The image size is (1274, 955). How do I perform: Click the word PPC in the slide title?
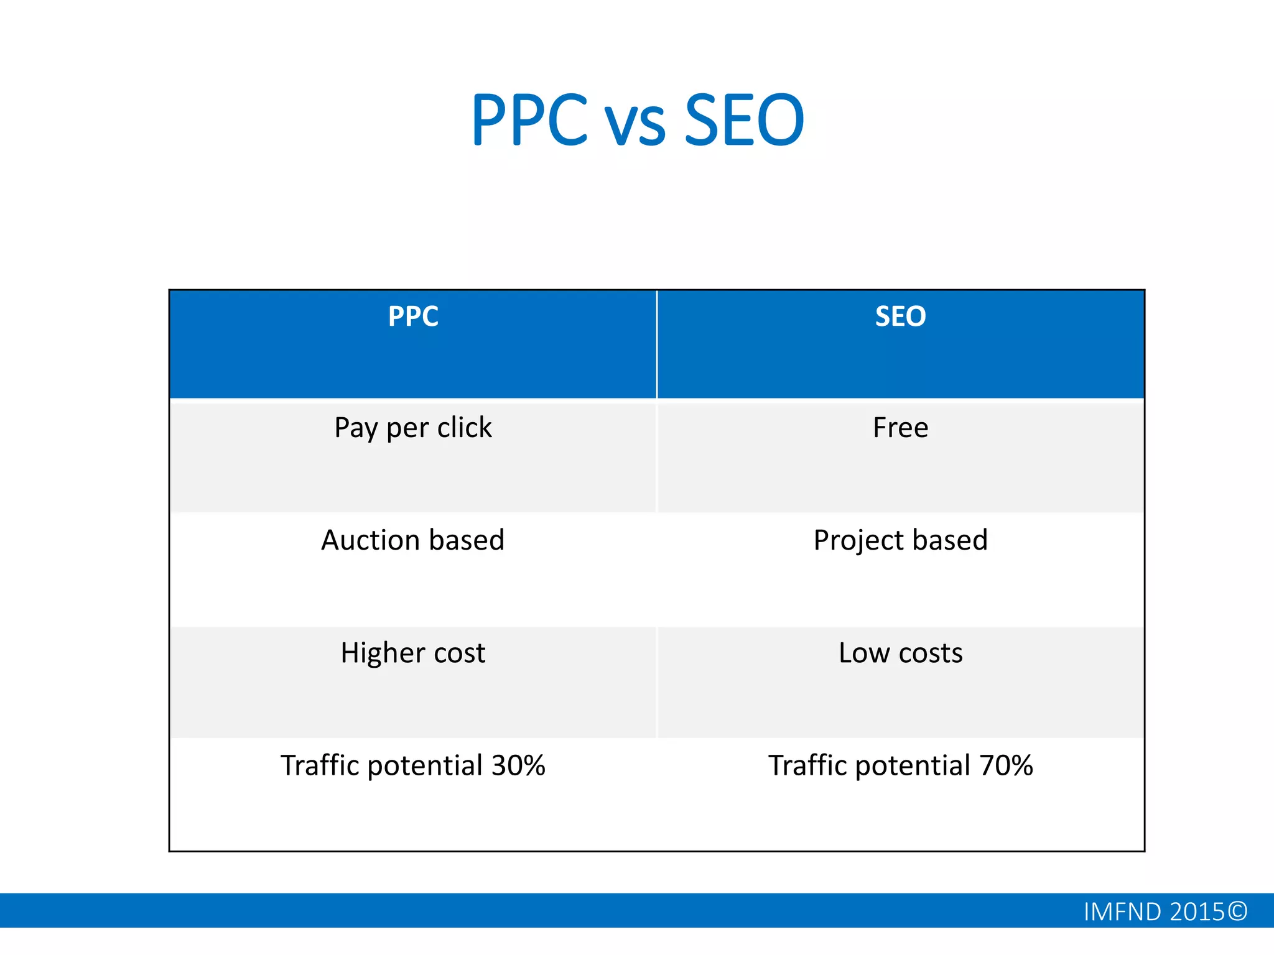[529, 119]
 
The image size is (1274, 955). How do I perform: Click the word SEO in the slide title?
[744, 119]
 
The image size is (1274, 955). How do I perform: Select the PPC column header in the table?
[413, 316]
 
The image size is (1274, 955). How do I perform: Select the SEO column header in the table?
[900, 316]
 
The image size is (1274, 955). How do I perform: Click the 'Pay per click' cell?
[413, 428]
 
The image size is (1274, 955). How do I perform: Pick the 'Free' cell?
[900, 428]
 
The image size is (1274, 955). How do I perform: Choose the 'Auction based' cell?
[413, 540]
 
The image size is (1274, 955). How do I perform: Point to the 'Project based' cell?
[900, 540]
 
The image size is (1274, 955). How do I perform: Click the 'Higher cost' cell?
[413, 653]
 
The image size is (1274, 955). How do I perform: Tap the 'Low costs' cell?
[900, 653]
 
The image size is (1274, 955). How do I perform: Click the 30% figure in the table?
[518, 765]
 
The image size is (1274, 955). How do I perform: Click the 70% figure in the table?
[1006, 765]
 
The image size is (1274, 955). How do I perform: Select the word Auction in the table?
[371, 540]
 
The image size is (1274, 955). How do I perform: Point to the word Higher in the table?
[382, 653]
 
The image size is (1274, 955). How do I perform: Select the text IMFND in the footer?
[1122, 912]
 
